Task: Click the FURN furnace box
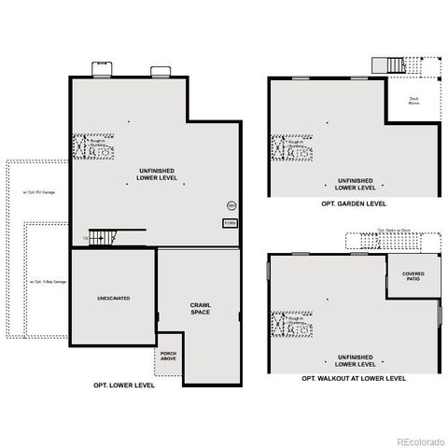point(229,224)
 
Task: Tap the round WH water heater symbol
point(231,205)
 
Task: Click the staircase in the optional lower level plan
point(101,236)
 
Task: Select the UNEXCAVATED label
point(113,299)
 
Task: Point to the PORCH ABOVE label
point(169,356)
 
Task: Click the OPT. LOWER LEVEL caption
point(124,385)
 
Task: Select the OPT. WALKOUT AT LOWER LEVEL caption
point(354,379)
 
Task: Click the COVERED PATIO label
point(413,276)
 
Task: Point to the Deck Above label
point(413,101)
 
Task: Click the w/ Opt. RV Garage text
point(39,191)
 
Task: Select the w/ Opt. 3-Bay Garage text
point(48,280)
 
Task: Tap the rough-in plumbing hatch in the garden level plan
point(286,147)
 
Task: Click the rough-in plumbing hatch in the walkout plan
point(286,324)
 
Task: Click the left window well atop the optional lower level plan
point(100,70)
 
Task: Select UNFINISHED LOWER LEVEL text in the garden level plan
point(354,183)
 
